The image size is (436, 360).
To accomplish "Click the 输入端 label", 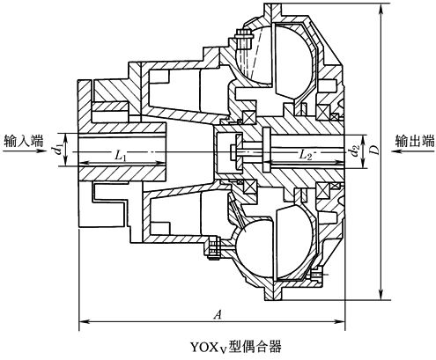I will [25, 140].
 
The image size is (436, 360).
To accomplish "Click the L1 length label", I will [122, 156].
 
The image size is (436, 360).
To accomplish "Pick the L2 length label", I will [307, 154].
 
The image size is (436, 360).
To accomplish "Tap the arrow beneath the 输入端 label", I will [26, 151].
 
